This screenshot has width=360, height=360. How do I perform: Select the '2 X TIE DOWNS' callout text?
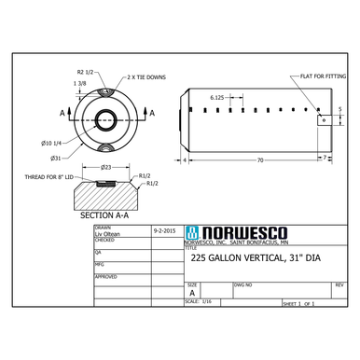(x=145, y=77)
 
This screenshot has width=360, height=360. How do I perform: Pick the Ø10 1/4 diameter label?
(x=51, y=142)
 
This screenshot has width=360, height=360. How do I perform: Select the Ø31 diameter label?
(x=56, y=159)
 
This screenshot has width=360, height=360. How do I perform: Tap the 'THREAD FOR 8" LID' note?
(x=44, y=176)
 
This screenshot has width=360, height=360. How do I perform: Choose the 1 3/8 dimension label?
(x=81, y=83)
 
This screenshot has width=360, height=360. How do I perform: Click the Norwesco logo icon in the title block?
(x=191, y=232)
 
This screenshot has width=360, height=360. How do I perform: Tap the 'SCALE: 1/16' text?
(x=199, y=302)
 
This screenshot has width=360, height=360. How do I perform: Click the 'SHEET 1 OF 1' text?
(x=298, y=304)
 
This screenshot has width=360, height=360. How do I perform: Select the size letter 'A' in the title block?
(x=192, y=292)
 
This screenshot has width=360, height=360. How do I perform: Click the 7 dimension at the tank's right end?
(x=324, y=161)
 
